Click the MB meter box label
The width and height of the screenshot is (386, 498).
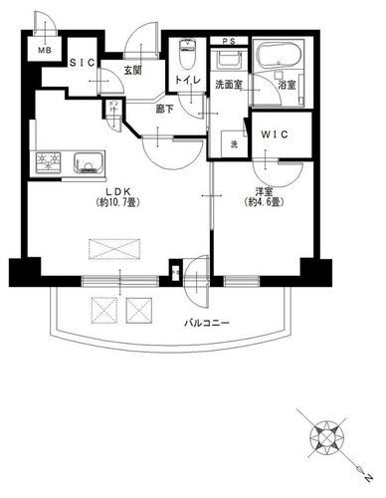coord(44,51)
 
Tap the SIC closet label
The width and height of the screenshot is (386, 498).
coord(83,63)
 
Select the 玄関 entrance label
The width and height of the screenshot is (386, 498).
coord(132,70)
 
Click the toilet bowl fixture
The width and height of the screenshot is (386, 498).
coord(188,53)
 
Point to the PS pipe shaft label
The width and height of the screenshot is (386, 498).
coord(229,42)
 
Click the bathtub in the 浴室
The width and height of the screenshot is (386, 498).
coord(279,56)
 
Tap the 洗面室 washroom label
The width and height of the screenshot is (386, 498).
coord(229,85)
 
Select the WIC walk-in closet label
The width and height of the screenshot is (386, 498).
coord(275,134)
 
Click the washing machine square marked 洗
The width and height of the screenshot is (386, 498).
coord(234,144)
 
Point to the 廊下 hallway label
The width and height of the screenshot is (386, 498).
coord(165,109)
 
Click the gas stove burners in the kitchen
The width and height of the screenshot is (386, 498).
coord(49,162)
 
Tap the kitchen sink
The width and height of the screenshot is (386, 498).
coord(88,162)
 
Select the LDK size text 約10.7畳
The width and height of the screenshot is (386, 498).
coord(117,202)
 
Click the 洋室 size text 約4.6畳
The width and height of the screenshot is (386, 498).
coord(264,202)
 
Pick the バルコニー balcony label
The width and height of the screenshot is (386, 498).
coord(207,323)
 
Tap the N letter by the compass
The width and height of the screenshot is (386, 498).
coord(367,478)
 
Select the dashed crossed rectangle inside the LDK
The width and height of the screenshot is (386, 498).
coord(114,249)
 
